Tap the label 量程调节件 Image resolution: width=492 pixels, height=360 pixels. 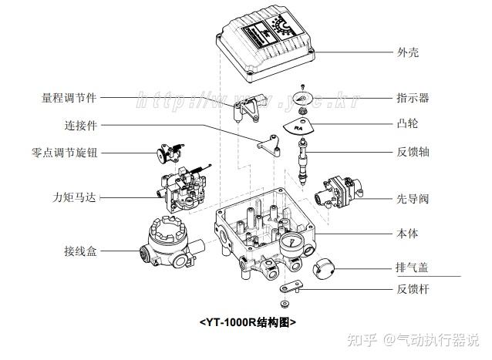coord(70,98)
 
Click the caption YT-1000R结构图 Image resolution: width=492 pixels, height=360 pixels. coord(248,321)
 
